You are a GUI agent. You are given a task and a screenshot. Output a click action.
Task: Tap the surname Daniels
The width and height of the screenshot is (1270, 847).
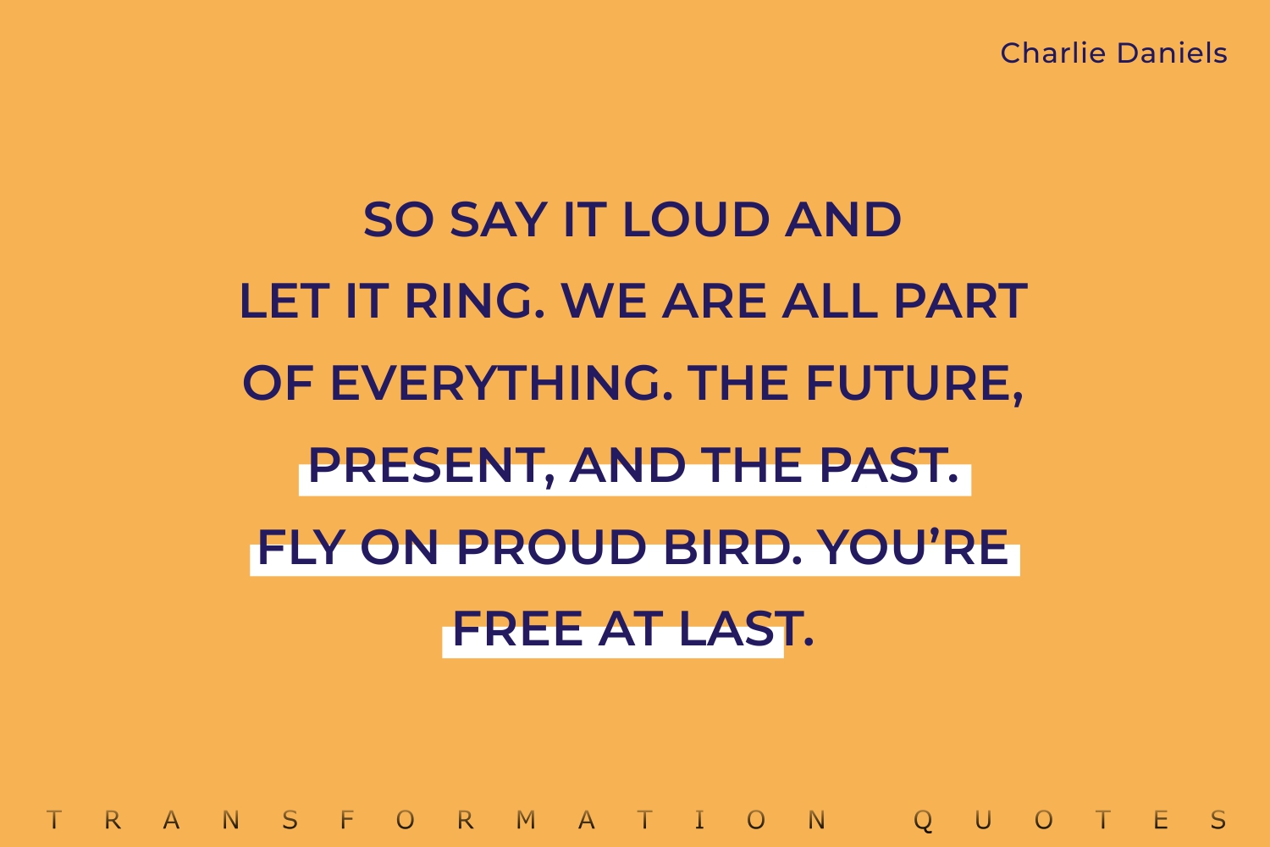(x=1172, y=53)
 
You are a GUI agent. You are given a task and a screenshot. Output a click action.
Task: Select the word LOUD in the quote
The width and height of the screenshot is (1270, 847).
(x=696, y=219)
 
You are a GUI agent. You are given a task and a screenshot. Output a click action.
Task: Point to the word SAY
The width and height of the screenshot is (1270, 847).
(x=499, y=219)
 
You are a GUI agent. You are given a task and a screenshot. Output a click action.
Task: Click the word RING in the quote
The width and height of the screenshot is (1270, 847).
(x=474, y=301)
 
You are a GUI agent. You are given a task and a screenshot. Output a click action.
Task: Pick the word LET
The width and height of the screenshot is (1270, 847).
(x=284, y=301)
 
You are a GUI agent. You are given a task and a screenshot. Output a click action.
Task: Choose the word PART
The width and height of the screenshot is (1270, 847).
(x=961, y=301)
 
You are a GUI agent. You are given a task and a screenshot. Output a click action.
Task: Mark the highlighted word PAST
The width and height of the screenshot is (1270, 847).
(x=889, y=466)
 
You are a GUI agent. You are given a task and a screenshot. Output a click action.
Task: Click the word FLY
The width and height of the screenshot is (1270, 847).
(x=301, y=547)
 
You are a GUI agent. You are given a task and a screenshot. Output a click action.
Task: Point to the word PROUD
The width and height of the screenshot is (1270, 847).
(x=552, y=547)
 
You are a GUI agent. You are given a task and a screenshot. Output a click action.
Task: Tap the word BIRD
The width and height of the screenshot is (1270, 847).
(x=733, y=547)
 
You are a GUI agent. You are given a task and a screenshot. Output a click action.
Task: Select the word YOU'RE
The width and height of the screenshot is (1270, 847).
(x=913, y=546)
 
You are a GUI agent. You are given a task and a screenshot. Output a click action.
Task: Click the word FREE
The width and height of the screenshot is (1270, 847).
(x=517, y=628)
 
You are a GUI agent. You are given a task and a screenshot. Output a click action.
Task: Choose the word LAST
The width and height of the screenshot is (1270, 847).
(x=746, y=628)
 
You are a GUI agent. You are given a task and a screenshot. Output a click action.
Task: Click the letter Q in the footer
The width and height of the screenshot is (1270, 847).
(x=923, y=821)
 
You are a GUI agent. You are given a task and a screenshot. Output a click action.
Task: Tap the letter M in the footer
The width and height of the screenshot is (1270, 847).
(x=526, y=821)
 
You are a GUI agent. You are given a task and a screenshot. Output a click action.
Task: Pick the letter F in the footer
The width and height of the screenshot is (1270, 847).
(x=346, y=821)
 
